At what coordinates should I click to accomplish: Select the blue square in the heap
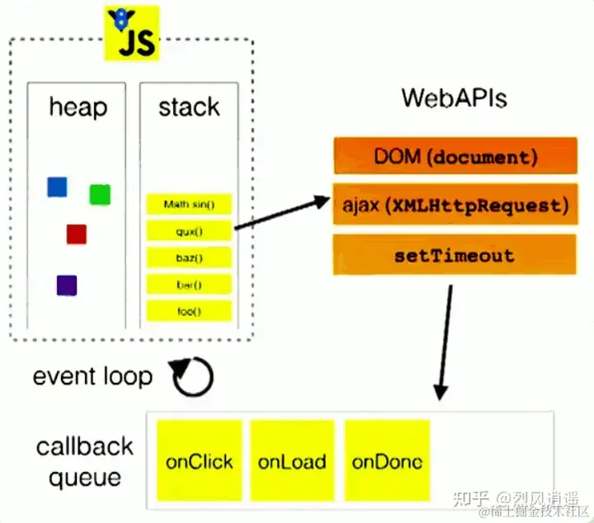pyautogui.click(x=57, y=187)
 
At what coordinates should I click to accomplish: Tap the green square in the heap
pyautogui.click(x=100, y=195)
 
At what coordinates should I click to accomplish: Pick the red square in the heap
pyautogui.click(x=77, y=234)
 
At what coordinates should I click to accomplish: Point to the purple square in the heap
pyautogui.click(x=67, y=285)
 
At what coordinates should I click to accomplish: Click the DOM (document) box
pyautogui.click(x=455, y=157)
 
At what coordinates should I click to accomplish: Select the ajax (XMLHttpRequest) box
pyautogui.click(x=455, y=205)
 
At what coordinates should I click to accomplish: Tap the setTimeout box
pyautogui.click(x=455, y=255)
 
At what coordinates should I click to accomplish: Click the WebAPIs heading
pyautogui.click(x=454, y=98)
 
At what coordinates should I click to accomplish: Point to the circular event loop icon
pyautogui.click(x=192, y=377)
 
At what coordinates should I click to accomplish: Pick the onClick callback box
pyautogui.click(x=200, y=461)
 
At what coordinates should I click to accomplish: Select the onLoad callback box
pyautogui.click(x=292, y=461)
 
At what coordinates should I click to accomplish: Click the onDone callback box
pyautogui.click(x=387, y=461)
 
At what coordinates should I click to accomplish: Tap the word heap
pyautogui.click(x=78, y=107)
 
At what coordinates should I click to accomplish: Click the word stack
pyautogui.click(x=189, y=107)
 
